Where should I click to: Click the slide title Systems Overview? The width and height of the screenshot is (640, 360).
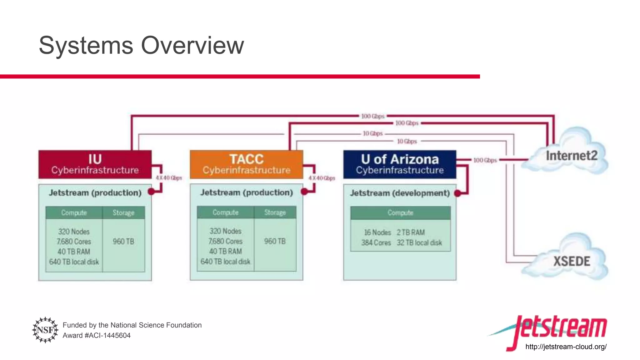(141, 46)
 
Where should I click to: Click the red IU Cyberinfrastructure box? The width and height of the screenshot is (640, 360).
(95, 164)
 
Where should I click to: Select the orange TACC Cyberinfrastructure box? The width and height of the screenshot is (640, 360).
(246, 164)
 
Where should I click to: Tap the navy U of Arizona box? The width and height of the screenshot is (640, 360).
(400, 164)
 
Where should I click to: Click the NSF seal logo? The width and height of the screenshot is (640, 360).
(45, 330)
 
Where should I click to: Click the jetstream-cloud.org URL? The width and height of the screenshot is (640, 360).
(566, 347)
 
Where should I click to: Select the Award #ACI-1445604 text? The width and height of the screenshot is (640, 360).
(97, 335)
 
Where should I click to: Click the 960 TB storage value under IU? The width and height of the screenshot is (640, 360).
(123, 242)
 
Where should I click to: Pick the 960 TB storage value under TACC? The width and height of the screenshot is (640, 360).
(275, 241)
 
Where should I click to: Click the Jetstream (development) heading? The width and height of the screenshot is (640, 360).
(400, 193)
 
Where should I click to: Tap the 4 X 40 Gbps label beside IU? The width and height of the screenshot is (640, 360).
(169, 178)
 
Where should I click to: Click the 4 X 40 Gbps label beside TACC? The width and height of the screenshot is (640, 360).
(322, 178)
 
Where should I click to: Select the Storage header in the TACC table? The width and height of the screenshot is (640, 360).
(275, 212)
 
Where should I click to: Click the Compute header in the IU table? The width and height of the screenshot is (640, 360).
(74, 213)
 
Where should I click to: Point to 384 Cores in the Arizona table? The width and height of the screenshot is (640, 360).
(376, 243)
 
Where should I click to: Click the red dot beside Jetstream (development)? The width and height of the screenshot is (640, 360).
(457, 193)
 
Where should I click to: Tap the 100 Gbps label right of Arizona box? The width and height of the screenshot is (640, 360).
(485, 160)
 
